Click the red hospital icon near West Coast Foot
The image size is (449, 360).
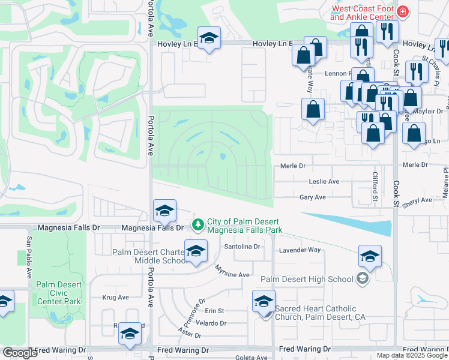402,11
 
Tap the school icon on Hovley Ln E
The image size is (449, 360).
209,38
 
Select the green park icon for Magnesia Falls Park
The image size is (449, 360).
197,225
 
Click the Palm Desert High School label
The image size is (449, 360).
307,279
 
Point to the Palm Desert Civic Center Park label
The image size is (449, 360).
58,293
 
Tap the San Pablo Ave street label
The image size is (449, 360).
29,257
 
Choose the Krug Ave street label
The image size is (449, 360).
116,297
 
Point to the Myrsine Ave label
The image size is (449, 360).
232,274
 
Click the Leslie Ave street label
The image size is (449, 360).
324,181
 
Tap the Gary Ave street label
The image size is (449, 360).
312,197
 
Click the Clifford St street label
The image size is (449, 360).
375,186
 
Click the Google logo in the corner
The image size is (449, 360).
20,353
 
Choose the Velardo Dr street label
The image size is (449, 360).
210,323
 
